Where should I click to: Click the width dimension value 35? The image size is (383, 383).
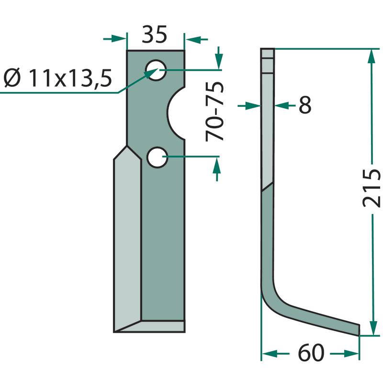[x=154, y=34]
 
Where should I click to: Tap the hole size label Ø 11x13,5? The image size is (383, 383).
[x=58, y=78]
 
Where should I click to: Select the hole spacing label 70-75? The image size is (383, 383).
[x=215, y=112]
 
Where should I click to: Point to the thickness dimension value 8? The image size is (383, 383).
[x=305, y=105]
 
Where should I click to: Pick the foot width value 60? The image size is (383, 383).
[x=311, y=353]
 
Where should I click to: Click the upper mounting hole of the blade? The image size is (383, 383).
[x=156, y=70]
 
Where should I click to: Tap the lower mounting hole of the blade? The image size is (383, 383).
[x=158, y=158]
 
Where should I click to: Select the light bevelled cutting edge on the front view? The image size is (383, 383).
[x=127, y=239]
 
